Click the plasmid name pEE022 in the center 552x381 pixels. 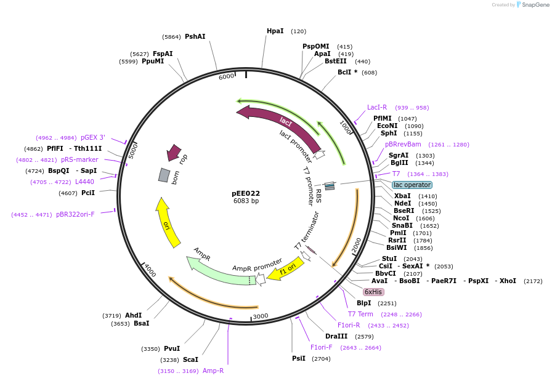(246, 193)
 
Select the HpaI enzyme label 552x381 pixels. (275, 31)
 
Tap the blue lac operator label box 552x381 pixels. (412, 185)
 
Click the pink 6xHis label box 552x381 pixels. (373, 292)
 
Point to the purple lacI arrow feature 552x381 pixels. (277, 123)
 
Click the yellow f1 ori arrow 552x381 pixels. (286, 270)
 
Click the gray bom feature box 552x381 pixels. (164, 175)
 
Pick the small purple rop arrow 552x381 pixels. (174, 152)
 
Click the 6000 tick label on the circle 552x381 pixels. (226, 76)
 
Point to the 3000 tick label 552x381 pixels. (261, 316)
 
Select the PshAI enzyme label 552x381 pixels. (195, 37)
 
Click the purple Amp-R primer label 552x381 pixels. (213, 371)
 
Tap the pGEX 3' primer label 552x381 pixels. (93, 137)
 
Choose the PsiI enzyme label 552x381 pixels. (299, 358)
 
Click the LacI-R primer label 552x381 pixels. (377, 107)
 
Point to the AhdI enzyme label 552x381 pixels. (133, 315)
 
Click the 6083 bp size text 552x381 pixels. (246, 201)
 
